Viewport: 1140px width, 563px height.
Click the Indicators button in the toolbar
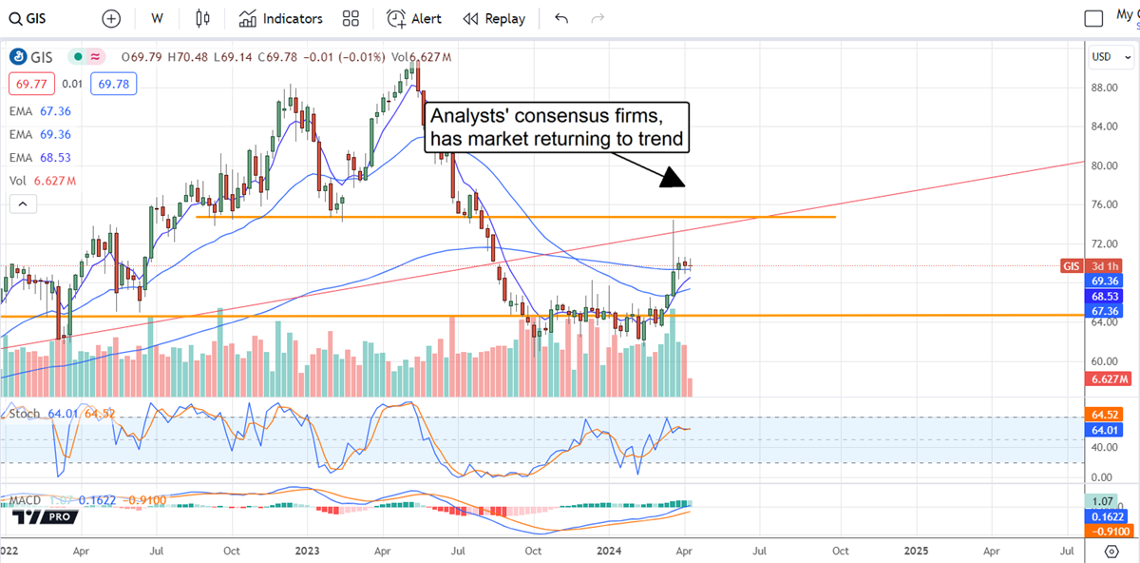(x=280, y=19)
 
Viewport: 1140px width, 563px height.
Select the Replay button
(x=493, y=19)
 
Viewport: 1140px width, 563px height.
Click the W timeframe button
(x=157, y=19)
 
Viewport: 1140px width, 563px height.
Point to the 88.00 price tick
(x=1103, y=87)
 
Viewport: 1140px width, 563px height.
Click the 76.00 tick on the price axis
(x=1103, y=204)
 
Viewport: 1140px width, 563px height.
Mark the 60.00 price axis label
(x=1103, y=361)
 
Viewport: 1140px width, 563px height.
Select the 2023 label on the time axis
(x=307, y=550)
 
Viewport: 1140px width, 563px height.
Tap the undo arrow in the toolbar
(x=561, y=19)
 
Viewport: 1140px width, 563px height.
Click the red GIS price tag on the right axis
(x=1072, y=266)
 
